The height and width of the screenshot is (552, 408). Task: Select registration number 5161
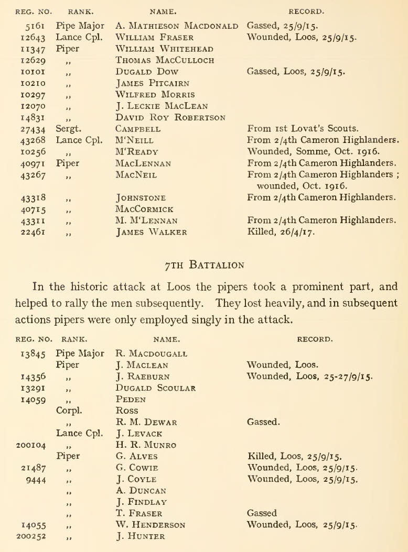[29, 25]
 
